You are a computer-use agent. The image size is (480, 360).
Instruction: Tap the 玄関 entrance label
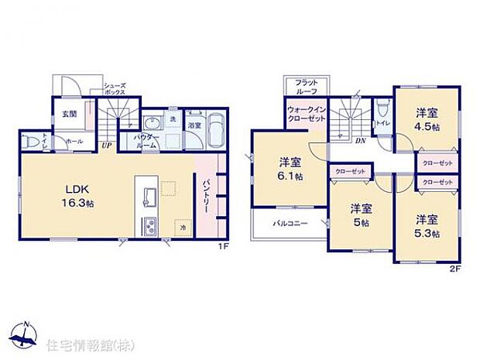pyautogui.click(x=70, y=114)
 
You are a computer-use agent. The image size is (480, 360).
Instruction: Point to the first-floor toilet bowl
pyautogui.click(x=30, y=143)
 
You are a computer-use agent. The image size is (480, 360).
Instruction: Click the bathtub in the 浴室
pyautogui.click(x=215, y=132)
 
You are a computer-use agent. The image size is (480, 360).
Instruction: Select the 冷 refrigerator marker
pyautogui.click(x=183, y=228)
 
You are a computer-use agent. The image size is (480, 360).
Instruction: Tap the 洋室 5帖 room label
pyautogui.click(x=358, y=214)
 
